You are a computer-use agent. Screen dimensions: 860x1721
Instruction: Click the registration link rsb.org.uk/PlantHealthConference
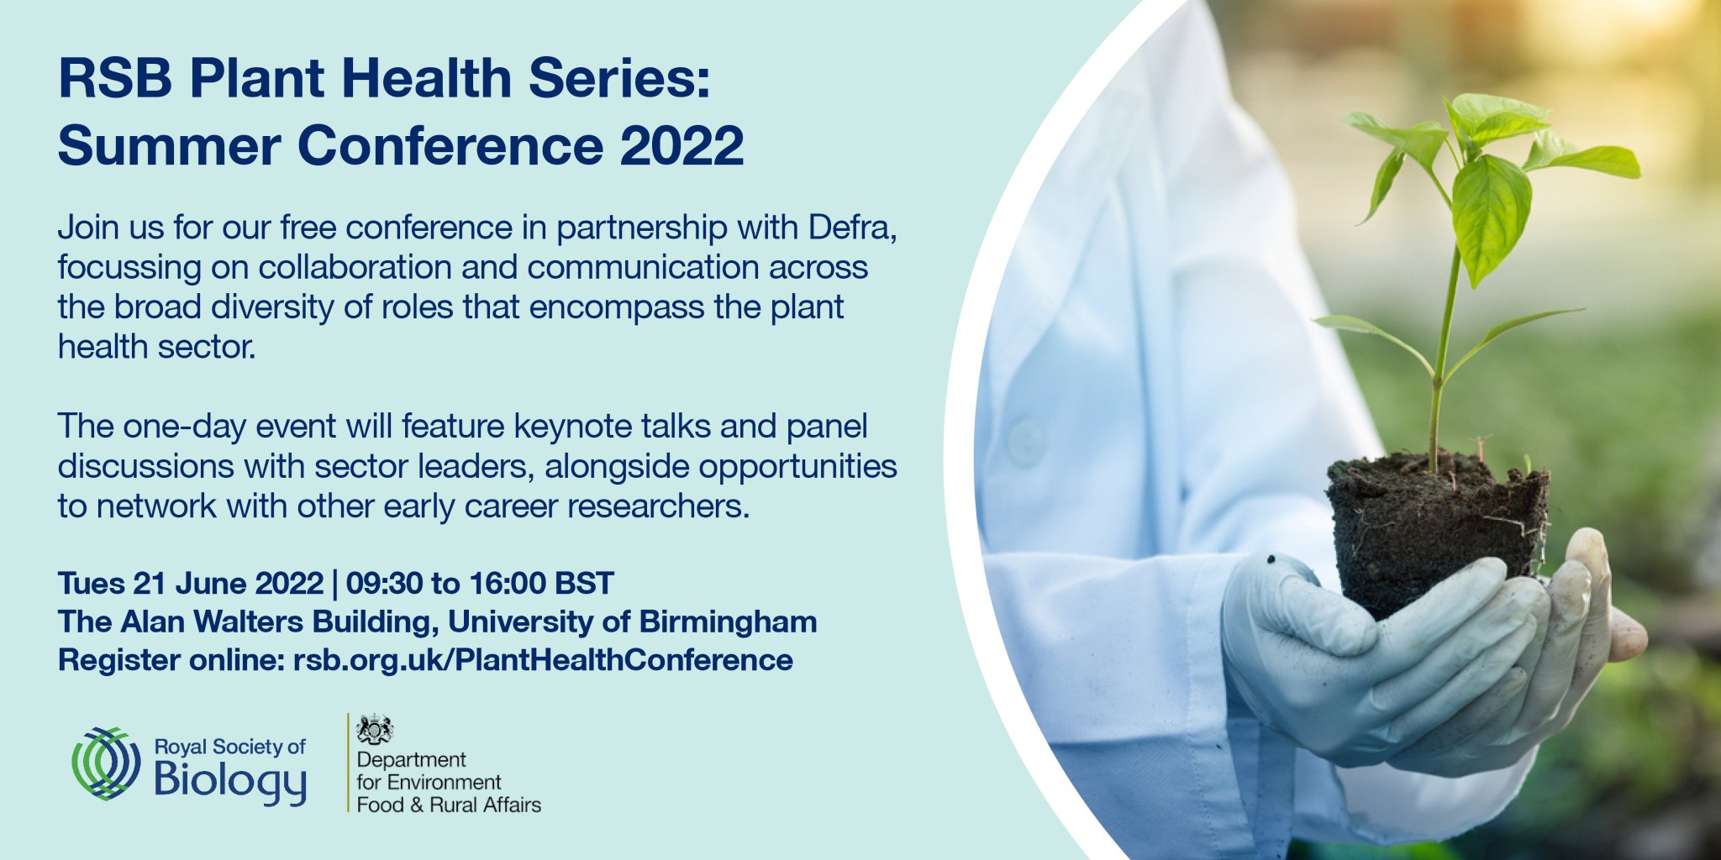point(543,660)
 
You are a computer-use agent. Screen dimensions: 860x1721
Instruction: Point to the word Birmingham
point(728,621)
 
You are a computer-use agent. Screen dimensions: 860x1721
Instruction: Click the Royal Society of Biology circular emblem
point(106,763)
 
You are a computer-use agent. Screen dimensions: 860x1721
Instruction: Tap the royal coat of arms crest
point(374,729)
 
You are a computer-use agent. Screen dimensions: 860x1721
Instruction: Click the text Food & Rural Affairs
point(449,805)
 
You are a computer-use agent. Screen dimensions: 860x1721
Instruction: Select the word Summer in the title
point(169,145)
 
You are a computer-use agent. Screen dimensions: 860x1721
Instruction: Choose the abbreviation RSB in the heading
point(115,78)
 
